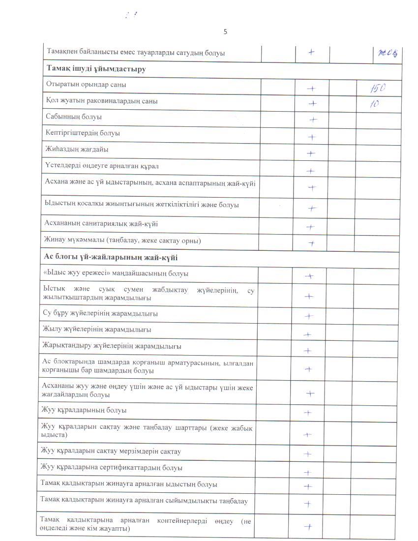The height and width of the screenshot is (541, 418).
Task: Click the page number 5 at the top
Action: point(225,32)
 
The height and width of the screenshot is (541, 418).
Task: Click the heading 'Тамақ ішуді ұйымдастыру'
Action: point(96,69)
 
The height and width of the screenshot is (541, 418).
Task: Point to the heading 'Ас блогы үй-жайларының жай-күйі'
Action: point(111,258)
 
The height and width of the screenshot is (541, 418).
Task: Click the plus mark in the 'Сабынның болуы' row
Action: point(313,120)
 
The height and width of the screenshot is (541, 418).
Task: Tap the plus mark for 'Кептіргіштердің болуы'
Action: point(311,137)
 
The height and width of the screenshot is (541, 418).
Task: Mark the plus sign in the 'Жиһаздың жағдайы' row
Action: point(311,153)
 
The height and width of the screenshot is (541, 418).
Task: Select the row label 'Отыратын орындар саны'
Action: point(86,85)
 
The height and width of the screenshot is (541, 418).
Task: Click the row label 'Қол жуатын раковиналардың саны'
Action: point(102,101)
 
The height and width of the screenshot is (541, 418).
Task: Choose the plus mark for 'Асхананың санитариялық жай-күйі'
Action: point(310,227)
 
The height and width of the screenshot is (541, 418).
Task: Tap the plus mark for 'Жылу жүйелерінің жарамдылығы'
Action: point(308,334)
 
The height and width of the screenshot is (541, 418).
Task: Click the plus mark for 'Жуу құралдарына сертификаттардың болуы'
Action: point(308,473)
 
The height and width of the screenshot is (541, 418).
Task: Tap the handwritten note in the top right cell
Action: point(388,53)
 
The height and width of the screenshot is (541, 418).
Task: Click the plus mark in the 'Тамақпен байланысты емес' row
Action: point(312,52)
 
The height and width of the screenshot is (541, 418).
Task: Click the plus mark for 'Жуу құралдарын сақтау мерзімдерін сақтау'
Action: point(308,454)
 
